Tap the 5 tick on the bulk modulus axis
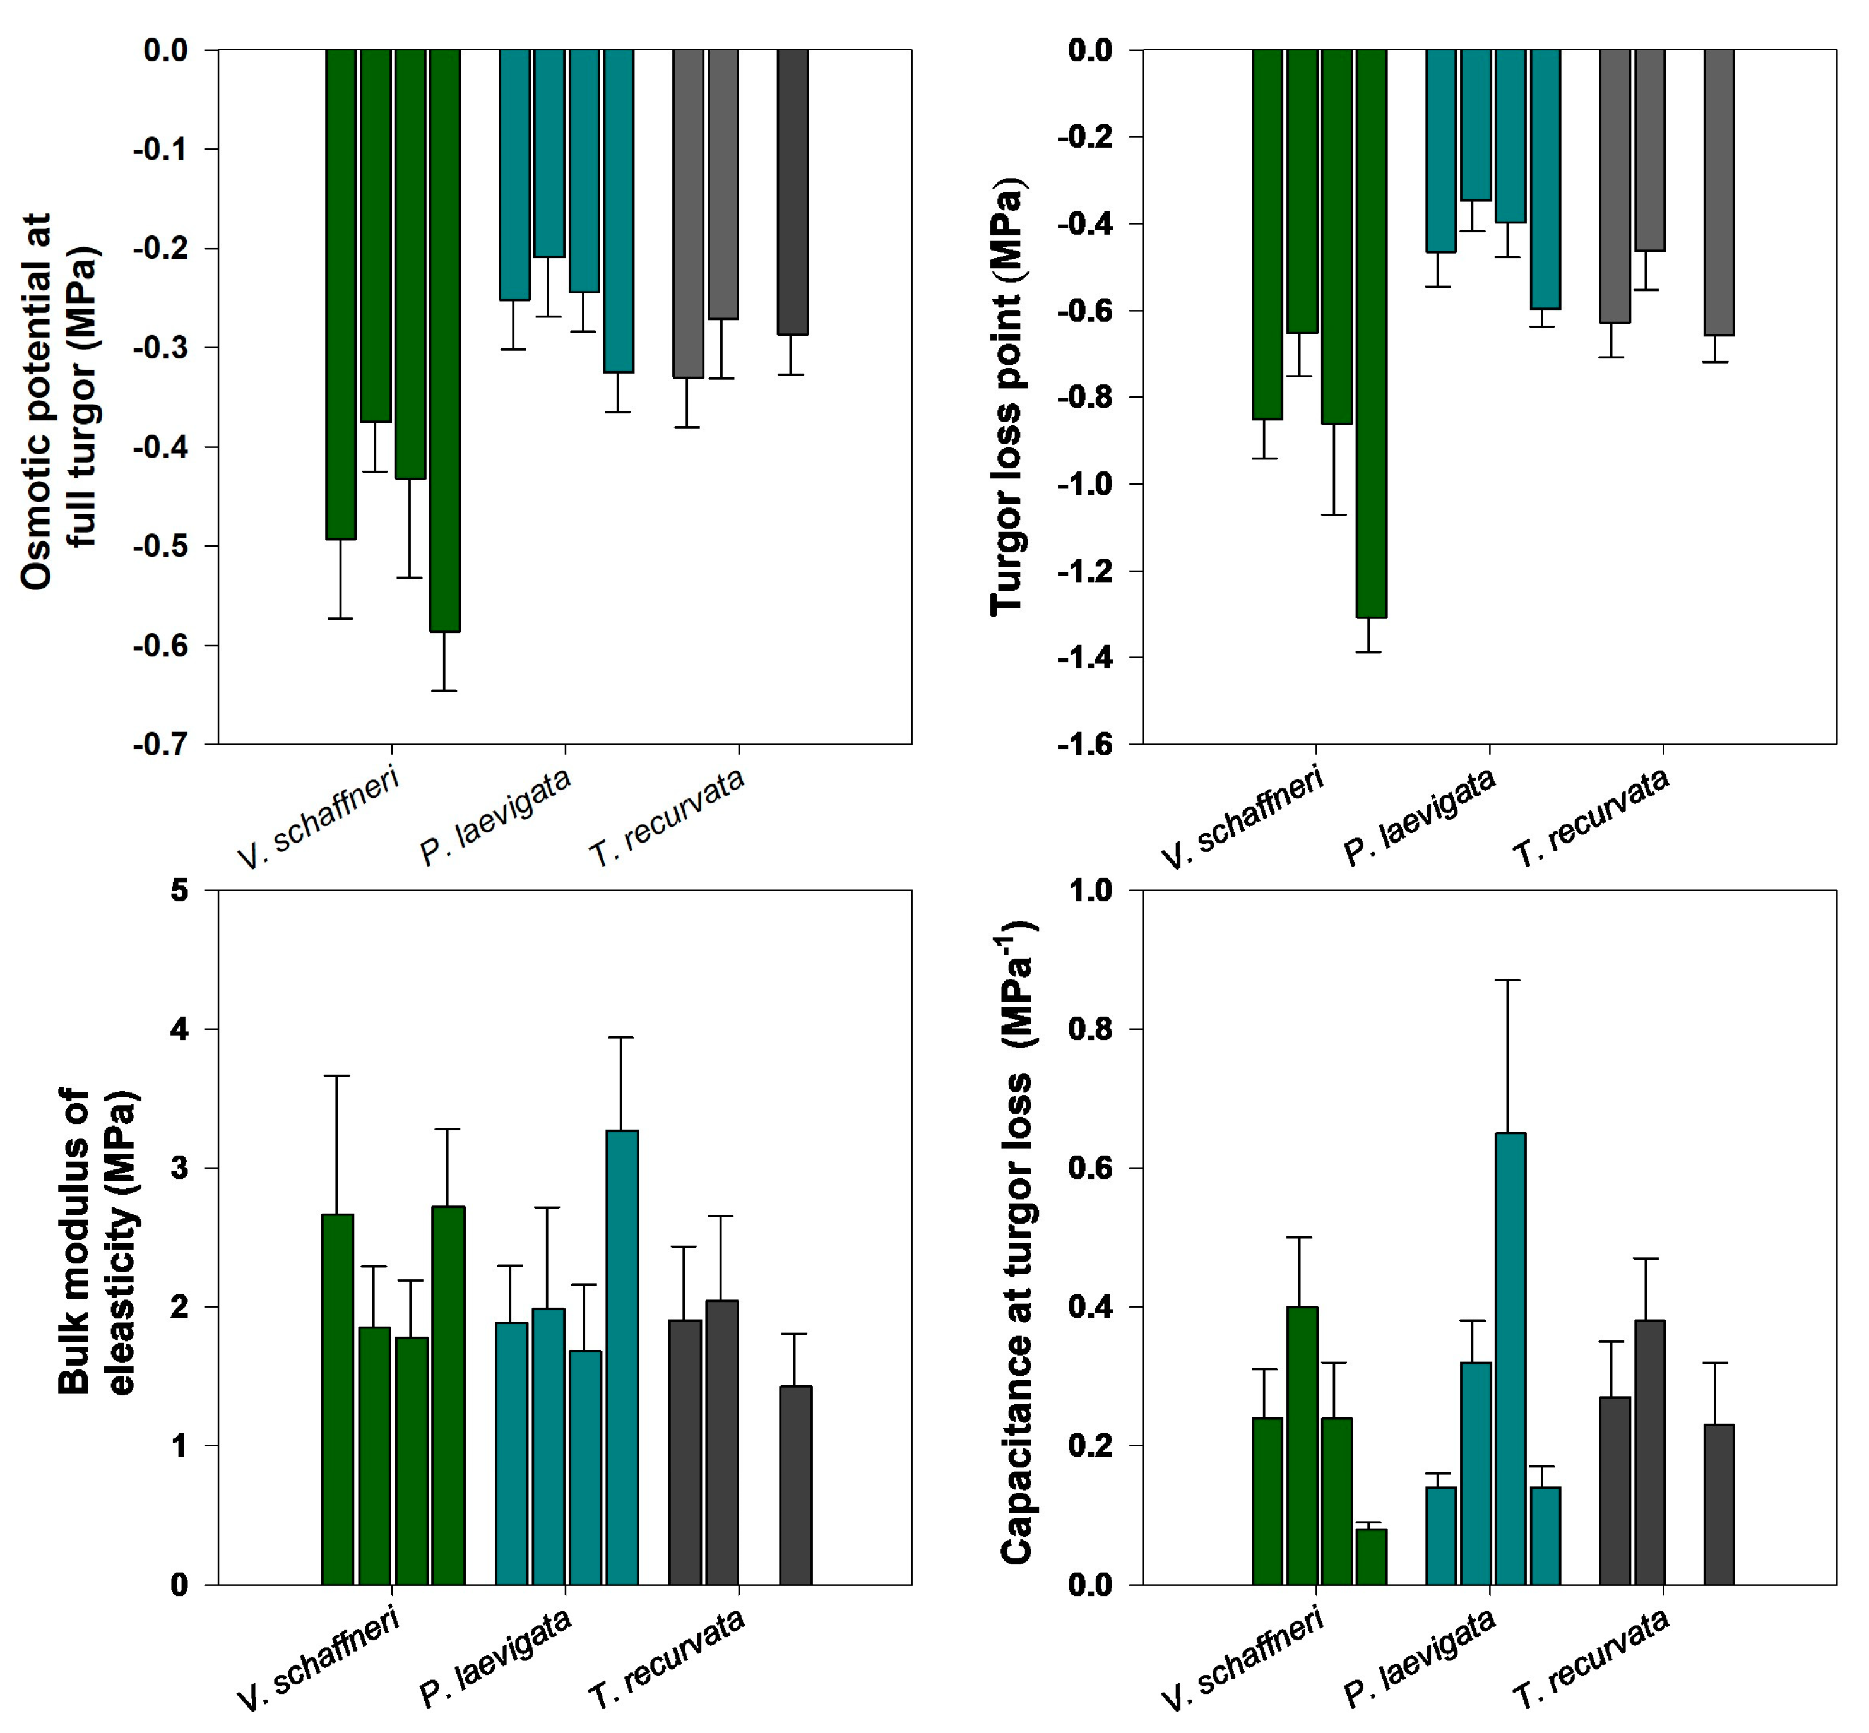[179, 890]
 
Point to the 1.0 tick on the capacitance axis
[1089, 890]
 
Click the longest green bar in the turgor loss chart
[1370, 333]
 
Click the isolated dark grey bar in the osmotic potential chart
[792, 192]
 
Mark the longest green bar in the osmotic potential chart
[444, 340]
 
